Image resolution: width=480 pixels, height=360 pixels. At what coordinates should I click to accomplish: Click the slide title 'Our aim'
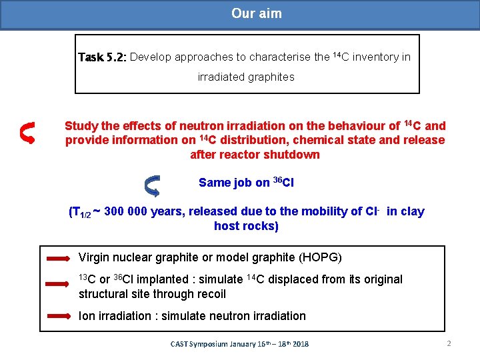[x=256, y=13]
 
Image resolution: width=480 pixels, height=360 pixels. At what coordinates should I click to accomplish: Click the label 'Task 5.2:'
[x=102, y=57]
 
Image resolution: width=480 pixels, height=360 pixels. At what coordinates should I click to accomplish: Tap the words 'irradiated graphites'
[x=246, y=77]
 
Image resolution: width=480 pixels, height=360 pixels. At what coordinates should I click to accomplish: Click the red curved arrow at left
[x=27, y=132]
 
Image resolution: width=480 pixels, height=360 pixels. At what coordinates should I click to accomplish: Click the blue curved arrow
[x=152, y=185]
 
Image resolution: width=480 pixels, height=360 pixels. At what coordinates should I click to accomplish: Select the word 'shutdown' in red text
[x=293, y=155]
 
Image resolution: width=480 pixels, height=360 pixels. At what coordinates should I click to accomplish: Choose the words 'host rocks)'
[x=246, y=226]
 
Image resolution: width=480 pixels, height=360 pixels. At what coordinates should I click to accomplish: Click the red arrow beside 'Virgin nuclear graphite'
[x=58, y=257]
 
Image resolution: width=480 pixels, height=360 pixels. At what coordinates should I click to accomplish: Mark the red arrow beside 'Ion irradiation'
[x=58, y=315]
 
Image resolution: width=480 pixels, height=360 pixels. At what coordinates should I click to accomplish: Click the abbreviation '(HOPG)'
[x=321, y=257]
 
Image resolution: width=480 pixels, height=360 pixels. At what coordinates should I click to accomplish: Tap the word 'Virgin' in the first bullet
[x=94, y=257]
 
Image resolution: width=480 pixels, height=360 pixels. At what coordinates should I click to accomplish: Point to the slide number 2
[x=449, y=344]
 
